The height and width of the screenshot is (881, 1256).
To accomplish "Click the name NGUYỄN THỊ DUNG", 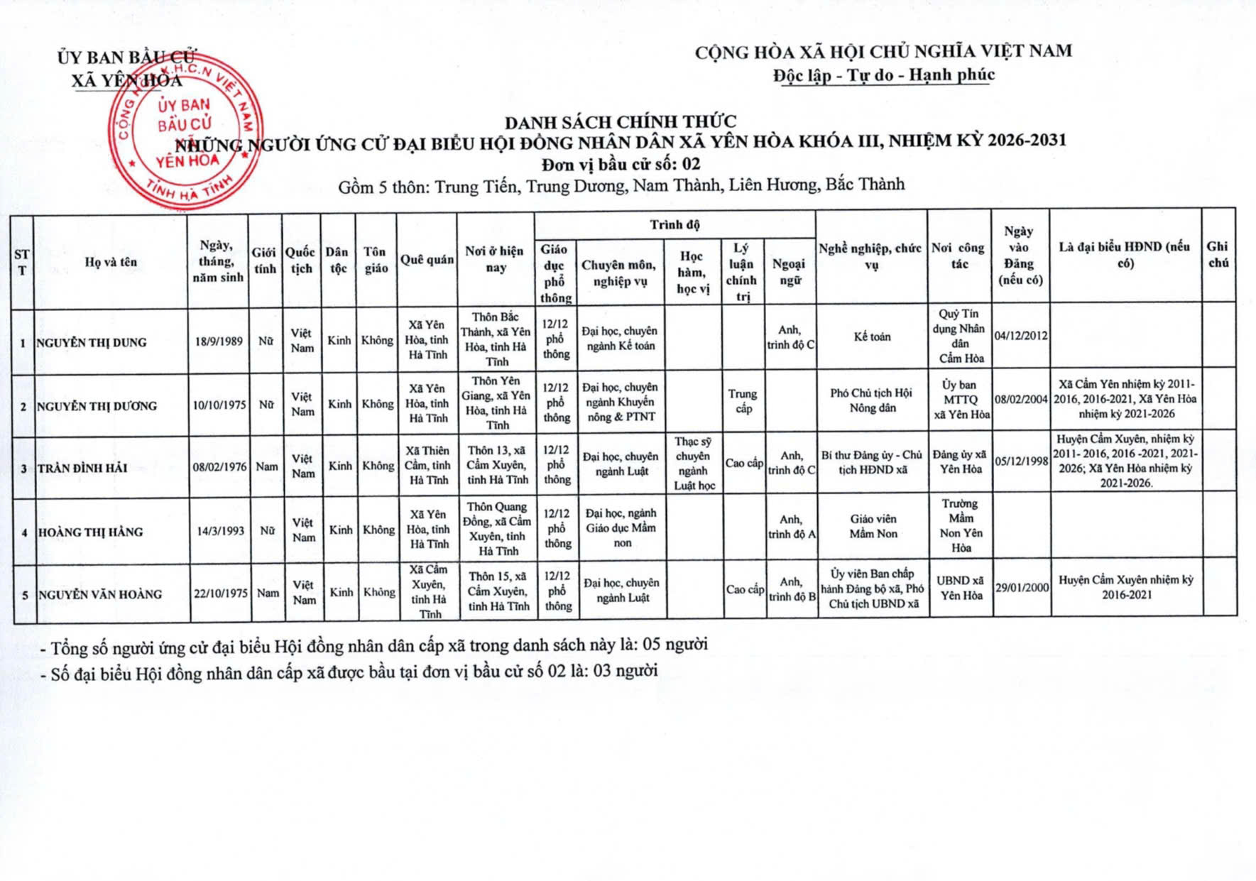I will click(92, 342).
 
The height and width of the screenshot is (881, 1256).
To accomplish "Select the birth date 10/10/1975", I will click(219, 405).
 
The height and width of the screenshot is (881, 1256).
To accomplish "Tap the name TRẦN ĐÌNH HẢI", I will click(82, 468).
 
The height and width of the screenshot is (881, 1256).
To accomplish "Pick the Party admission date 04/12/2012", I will click(1021, 335).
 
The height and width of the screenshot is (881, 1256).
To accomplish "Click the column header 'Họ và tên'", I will click(111, 262).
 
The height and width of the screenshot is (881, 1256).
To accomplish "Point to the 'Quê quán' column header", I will click(427, 260).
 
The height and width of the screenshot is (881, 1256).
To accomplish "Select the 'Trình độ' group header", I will click(675, 225).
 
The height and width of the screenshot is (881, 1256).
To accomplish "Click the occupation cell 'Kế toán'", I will click(872, 336).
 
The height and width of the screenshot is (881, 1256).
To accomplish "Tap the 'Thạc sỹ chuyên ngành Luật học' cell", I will click(693, 464).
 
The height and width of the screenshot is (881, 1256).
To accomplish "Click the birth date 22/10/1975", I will click(220, 593).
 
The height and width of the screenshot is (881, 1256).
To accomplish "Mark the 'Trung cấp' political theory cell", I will click(743, 400).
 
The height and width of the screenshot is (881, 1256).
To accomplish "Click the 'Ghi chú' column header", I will click(1218, 254).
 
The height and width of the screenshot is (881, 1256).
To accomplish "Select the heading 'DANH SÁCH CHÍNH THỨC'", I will click(621, 121).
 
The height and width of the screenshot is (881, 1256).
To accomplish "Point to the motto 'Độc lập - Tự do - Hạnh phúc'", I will click(884, 75).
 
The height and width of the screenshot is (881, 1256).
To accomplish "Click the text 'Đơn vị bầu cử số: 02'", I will click(621, 165).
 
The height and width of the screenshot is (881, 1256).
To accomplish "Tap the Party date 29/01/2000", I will click(1022, 587).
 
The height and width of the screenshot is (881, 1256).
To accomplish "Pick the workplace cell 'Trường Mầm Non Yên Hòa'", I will click(961, 525).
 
